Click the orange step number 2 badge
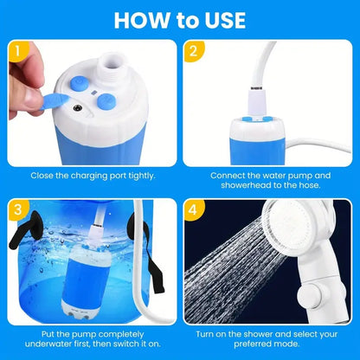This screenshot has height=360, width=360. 196,53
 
